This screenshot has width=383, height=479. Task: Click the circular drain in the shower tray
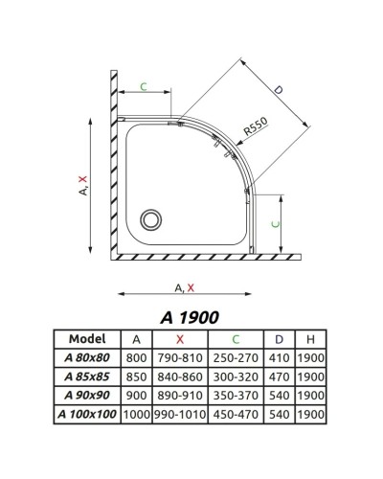point(150,219)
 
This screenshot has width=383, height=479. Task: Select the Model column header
point(86,338)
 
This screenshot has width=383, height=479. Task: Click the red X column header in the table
point(179,338)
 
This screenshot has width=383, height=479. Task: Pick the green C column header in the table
point(235,338)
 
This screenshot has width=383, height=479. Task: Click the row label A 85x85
point(86,376)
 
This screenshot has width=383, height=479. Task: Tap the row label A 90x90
point(86,394)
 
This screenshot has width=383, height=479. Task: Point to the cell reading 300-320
point(235,376)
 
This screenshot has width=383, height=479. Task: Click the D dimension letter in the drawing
point(279,90)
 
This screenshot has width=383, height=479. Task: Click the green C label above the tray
point(144,88)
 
